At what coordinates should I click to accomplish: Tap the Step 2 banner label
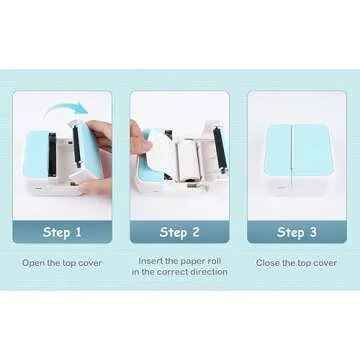point(179,233)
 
